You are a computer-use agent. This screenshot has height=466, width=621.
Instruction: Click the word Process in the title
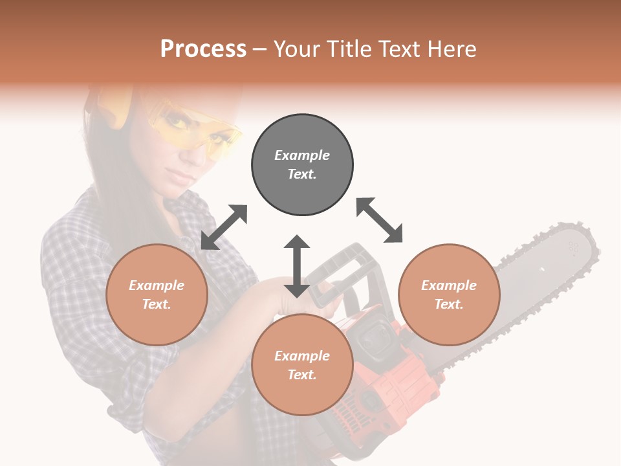pos(203,49)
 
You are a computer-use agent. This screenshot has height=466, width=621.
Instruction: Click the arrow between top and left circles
pos(224,227)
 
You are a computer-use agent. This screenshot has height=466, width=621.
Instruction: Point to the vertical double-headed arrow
pos(297,266)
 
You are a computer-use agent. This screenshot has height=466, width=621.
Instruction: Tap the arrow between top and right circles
pos(380,221)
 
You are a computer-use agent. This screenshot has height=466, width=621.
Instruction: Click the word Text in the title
pos(400,49)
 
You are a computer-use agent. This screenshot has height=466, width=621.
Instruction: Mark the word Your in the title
pos(295,49)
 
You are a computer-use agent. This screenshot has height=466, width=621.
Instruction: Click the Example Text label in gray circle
pos(302,164)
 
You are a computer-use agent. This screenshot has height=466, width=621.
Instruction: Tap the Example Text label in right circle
pos(449,294)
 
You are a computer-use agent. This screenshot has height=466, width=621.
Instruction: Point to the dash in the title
pos(260,49)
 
